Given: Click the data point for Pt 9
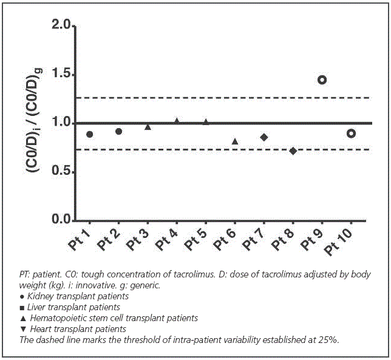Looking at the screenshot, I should pyautogui.click(x=322, y=80).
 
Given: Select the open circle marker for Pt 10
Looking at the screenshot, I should pyautogui.click(x=351, y=134).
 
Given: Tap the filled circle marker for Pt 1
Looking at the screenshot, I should pyautogui.click(x=90, y=134).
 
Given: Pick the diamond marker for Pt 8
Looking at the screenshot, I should pyautogui.click(x=293, y=151).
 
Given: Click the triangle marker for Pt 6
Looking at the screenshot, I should pyautogui.click(x=235, y=141).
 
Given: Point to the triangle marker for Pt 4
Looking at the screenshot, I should pyautogui.click(x=177, y=121).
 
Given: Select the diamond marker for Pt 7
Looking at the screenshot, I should pyautogui.click(x=263, y=137).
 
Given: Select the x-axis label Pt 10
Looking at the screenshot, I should pyautogui.click(x=338, y=243).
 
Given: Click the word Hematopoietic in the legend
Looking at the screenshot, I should pyautogui.click(x=53, y=318).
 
